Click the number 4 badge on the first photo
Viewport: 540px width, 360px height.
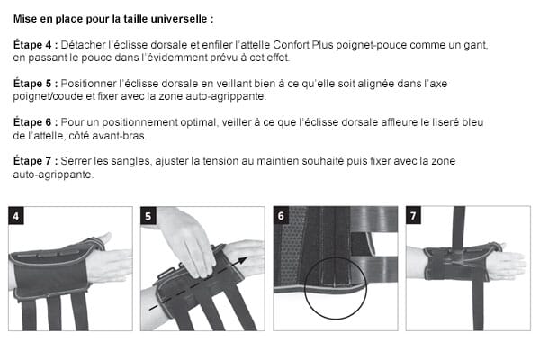click(x=15, y=216)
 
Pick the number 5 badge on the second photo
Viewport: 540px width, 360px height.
click(x=148, y=216)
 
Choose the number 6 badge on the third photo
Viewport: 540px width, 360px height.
click(x=282, y=216)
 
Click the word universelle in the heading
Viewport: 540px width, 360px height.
click(x=184, y=17)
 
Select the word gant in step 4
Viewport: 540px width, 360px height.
click(x=474, y=44)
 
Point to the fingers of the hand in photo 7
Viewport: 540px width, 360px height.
click(x=509, y=265)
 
